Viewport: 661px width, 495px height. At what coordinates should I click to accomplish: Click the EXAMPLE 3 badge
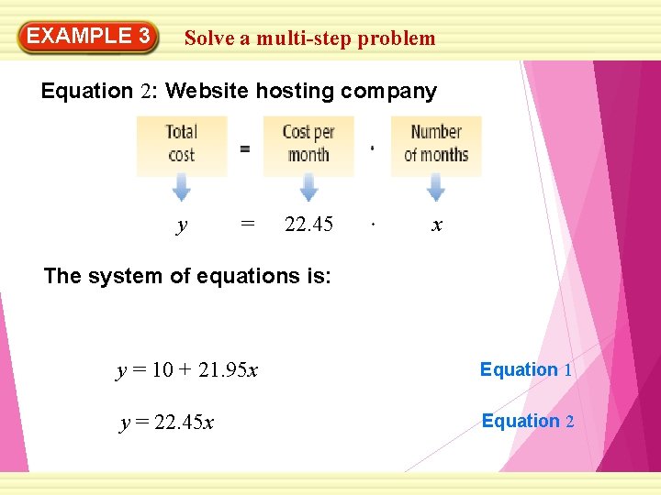[x=88, y=37]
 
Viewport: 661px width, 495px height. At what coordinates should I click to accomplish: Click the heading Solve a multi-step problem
[x=309, y=38]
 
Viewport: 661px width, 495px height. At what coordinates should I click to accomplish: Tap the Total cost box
[x=182, y=144]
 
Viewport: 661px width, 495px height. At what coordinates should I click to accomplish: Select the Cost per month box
[x=308, y=144]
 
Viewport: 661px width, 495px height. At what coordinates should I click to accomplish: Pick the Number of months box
[x=436, y=144]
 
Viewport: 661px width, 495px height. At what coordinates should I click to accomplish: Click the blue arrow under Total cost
[x=182, y=188]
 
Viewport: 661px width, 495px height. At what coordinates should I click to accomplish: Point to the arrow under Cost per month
[x=308, y=188]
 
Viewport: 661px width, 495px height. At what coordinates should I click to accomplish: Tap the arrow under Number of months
[x=436, y=188]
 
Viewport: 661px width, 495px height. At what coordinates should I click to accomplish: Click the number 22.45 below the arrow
[x=308, y=225]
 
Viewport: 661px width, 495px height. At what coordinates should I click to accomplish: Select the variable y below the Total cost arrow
[x=182, y=225]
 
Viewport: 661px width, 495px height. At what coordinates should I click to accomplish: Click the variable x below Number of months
[x=437, y=225]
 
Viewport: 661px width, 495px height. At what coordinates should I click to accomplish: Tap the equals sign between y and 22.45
[x=246, y=225]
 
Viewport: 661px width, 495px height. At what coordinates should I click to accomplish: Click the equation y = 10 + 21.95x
[x=187, y=371]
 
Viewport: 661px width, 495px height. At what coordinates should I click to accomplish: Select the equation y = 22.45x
[x=167, y=423]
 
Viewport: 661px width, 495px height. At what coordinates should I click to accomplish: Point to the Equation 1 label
[x=526, y=370]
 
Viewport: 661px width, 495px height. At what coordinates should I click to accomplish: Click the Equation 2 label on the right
[x=527, y=422]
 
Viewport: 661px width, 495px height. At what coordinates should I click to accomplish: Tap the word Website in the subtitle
[x=207, y=92]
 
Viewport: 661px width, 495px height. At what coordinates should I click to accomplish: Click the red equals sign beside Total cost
[x=244, y=149]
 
